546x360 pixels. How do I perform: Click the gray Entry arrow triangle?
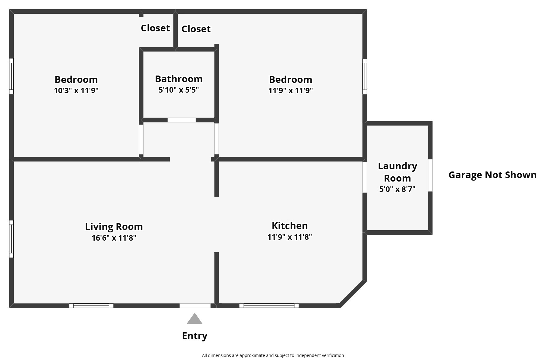[194, 319]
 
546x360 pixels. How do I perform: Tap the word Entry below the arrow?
[195, 336]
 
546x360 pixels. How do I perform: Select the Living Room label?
[114, 227]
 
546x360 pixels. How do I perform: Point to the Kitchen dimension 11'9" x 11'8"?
[290, 237]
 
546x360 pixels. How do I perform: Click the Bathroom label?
[179, 79]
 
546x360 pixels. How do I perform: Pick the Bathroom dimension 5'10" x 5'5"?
[179, 90]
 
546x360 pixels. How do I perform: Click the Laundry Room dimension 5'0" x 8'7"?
[397, 189]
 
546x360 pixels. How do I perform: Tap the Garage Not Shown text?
[492, 175]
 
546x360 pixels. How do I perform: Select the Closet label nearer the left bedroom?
[155, 28]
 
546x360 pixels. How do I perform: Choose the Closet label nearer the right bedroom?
[196, 29]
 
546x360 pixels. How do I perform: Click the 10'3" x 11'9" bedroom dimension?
[76, 90]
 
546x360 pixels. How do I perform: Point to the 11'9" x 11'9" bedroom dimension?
[291, 90]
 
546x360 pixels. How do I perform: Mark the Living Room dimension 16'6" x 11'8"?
[114, 238]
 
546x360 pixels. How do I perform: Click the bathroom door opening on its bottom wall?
[182, 120]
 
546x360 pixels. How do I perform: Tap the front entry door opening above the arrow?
[195, 305]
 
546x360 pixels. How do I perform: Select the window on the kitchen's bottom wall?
[269, 305]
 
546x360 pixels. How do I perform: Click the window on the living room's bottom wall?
[91, 305]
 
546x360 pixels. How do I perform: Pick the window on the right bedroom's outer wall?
[365, 76]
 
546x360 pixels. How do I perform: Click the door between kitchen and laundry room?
[365, 177]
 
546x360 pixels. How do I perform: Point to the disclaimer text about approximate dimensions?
[273, 355]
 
